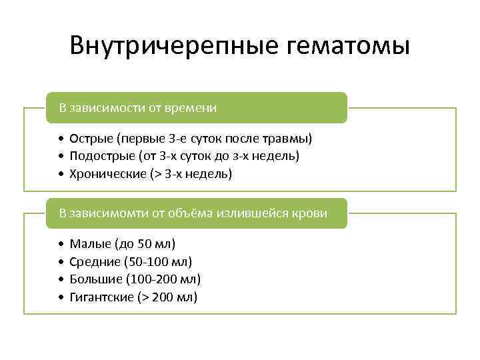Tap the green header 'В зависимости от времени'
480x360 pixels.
pos(197,107)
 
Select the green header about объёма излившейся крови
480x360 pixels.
pos(197,213)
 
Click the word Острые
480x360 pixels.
pos(91,139)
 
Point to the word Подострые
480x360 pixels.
pos(101,156)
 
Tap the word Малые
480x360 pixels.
pos(88,245)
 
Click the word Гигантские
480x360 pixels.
pos(101,297)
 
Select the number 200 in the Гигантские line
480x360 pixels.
pos(163,297)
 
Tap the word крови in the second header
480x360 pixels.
pos(311,213)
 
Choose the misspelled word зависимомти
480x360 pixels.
pos(106,213)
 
